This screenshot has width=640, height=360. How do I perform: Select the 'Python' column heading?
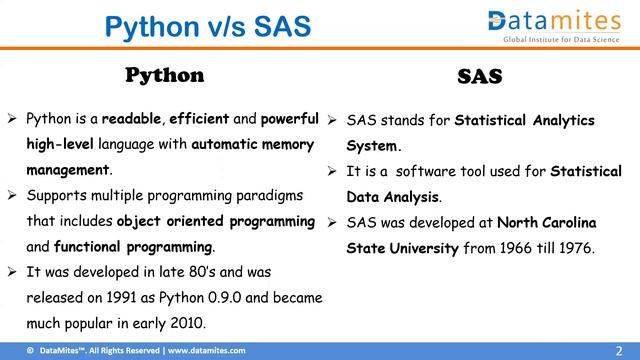click(x=164, y=76)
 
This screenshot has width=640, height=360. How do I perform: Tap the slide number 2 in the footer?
click(x=627, y=350)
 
